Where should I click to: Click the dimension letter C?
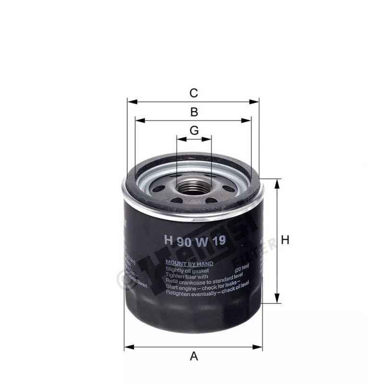point(193,93)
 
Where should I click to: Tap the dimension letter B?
point(194,112)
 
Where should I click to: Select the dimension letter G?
point(194,131)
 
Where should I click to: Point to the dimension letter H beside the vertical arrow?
point(285,240)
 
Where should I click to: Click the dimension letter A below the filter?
point(194,356)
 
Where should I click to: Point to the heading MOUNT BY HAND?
point(189,264)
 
